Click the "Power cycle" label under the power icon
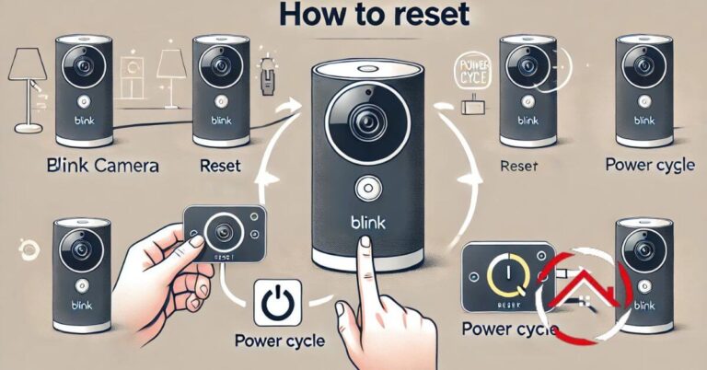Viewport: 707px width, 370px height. pyautogui.click(x=280, y=341)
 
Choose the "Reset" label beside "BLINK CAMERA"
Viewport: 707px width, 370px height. pyautogui.click(x=219, y=167)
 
